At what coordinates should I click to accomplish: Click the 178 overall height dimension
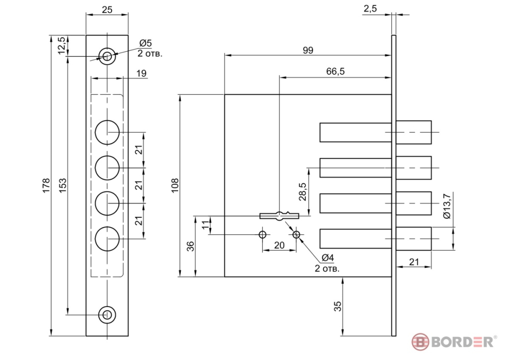click(x=46, y=185)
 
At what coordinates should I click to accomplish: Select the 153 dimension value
click(x=63, y=185)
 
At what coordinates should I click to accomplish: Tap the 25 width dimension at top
click(x=107, y=10)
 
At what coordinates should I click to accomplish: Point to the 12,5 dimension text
click(x=62, y=45)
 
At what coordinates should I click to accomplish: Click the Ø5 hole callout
click(x=146, y=43)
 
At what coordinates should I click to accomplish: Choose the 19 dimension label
click(x=141, y=73)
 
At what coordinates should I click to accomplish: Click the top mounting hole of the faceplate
click(x=107, y=57)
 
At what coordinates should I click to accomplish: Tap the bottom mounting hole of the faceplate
click(x=107, y=315)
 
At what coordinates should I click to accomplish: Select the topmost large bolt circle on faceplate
click(x=107, y=132)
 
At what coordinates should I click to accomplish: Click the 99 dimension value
click(x=308, y=50)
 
